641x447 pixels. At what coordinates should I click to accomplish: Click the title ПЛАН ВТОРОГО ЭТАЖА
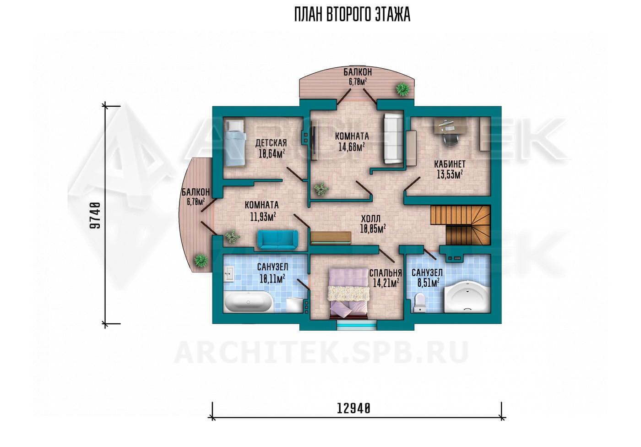click(x=352, y=14)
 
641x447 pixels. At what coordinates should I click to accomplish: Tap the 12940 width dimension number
click(x=353, y=409)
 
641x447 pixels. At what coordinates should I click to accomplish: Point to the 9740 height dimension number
click(x=95, y=215)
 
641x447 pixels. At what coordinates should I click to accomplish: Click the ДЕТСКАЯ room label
click(x=271, y=143)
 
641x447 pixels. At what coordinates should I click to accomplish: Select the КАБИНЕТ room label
click(x=450, y=164)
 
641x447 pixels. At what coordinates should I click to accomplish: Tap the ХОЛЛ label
click(x=371, y=219)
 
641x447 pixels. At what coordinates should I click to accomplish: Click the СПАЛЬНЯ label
click(x=385, y=273)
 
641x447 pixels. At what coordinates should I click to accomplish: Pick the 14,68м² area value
click(x=352, y=147)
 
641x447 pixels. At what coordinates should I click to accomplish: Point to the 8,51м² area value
click(x=429, y=283)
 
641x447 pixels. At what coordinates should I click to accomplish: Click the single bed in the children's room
click(x=235, y=143)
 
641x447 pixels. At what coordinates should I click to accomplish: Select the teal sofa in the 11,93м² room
click(x=277, y=240)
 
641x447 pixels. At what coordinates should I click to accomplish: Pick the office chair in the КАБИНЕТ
click(x=450, y=140)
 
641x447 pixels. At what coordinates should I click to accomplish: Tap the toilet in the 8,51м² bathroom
click(x=419, y=302)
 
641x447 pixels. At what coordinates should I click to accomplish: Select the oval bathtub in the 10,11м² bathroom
click(x=248, y=302)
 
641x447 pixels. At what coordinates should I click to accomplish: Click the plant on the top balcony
click(x=402, y=88)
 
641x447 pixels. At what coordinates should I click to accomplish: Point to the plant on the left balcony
click(x=201, y=261)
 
